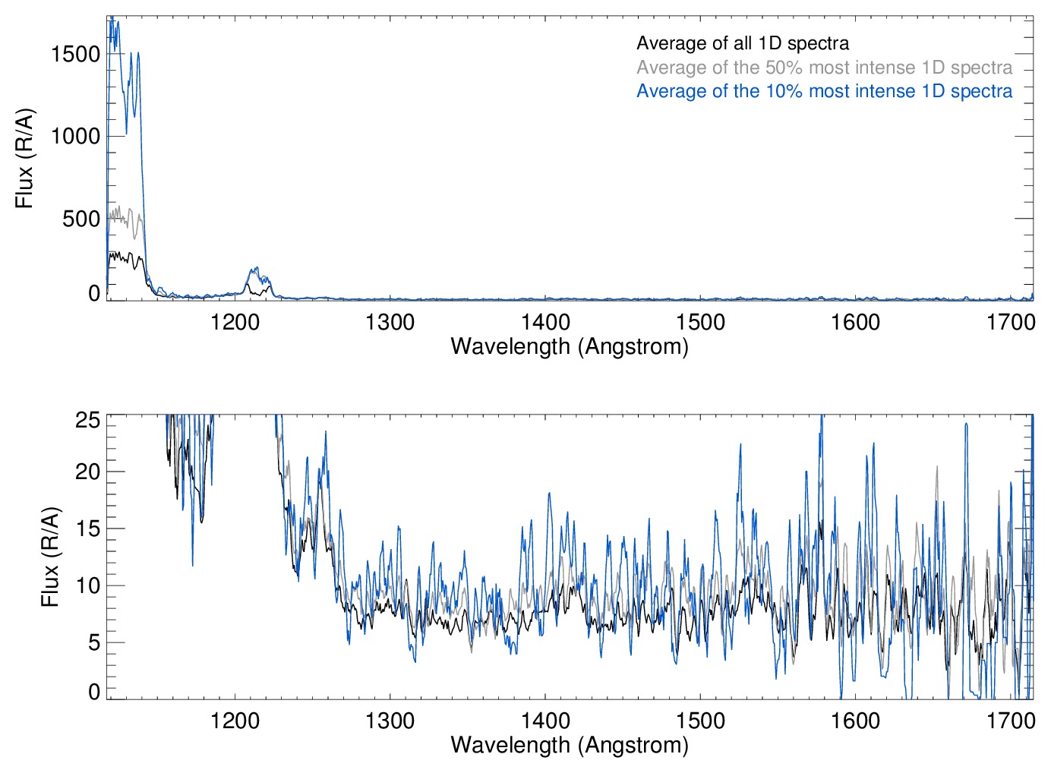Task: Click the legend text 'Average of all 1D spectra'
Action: (x=742, y=43)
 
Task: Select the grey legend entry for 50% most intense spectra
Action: (x=824, y=68)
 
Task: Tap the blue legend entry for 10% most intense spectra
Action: (x=824, y=91)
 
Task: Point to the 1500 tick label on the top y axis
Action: (x=75, y=54)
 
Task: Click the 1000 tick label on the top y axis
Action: (x=75, y=137)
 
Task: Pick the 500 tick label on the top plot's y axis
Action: (x=81, y=219)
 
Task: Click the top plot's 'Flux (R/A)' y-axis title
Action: (x=24, y=159)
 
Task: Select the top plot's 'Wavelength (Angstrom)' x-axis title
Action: (x=570, y=347)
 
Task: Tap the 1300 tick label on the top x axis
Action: (x=390, y=323)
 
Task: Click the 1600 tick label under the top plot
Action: (x=855, y=323)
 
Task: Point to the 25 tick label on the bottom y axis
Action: (x=87, y=420)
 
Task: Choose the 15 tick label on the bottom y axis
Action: (x=87, y=529)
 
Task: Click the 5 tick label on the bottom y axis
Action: (x=93, y=643)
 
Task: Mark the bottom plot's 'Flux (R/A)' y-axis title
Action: (x=49, y=557)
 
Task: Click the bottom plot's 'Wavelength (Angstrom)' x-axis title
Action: (x=570, y=745)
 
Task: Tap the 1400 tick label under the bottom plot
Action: (x=545, y=721)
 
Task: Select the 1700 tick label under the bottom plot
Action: (x=1010, y=721)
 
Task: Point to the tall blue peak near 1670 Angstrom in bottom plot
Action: (x=966, y=425)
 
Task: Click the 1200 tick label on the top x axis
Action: (x=235, y=323)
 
